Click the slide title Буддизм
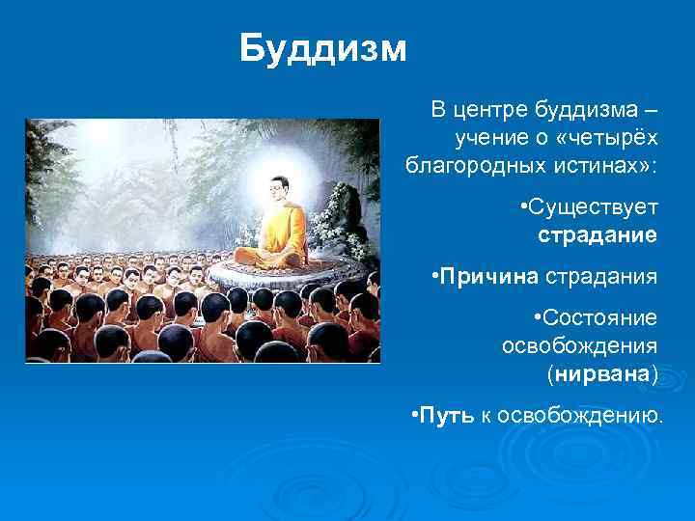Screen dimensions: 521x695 point(323,48)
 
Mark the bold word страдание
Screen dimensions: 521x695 point(598,234)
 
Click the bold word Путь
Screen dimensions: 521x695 point(446,416)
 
